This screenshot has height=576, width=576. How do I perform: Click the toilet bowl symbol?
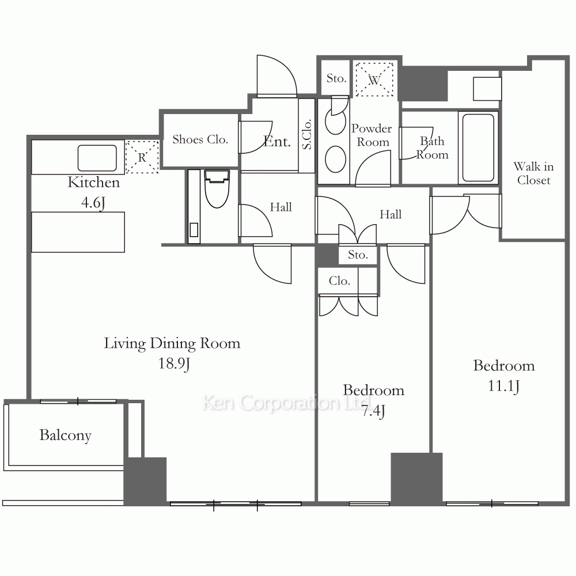[217, 188]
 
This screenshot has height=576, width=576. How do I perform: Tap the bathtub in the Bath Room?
[478, 147]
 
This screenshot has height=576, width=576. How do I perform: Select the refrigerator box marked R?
[142, 157]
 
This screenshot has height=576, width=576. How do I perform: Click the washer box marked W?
[374, 79]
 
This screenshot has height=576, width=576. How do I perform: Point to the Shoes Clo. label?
[200, 139]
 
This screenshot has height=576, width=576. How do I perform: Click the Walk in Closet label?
[534, 173]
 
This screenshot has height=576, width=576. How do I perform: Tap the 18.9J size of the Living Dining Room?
[174, 363]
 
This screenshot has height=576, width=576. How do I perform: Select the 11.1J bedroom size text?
[503, 386]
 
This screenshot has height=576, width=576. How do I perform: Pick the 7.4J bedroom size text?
[373, 411]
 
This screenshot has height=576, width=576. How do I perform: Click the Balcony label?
[66, 435]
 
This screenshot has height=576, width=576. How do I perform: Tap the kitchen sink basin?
[97, 158]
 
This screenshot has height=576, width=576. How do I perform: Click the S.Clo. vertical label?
[307, 134]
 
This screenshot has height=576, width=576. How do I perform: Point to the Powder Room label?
[372, 135]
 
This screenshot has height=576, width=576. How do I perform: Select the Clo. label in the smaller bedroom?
[339, 281]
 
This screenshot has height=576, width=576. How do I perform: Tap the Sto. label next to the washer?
[336, 78]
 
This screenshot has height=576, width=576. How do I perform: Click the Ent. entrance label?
[278, 142]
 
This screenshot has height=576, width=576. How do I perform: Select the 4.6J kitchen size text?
[93, 203]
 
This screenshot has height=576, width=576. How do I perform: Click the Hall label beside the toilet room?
[281, 207]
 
